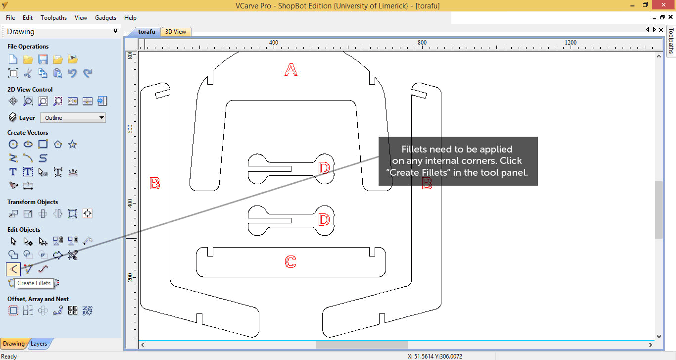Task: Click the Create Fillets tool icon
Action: [x=13, y=269]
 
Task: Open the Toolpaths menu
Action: [x=54, y=18]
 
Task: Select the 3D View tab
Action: [x=176, y=32]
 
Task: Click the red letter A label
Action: [x=291, y=70]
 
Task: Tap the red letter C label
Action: [x=290, y=261]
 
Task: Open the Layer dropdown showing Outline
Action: [x=73, y=118]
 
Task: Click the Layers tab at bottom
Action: [x=39, y=344]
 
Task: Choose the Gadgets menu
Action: [x=105, y=18]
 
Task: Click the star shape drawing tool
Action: [x=72, y=145]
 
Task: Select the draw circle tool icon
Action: [x=13, y=145]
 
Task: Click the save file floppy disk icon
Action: [x=43, y=59]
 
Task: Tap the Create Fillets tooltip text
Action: [x=34, y=283]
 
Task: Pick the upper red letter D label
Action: [x=324, y=168]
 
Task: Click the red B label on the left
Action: [x=155, y=183]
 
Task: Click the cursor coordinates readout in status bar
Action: [x=435, y=357]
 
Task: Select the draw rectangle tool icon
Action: [x=43, y=144]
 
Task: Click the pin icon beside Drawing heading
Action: [x=115, y=31]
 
